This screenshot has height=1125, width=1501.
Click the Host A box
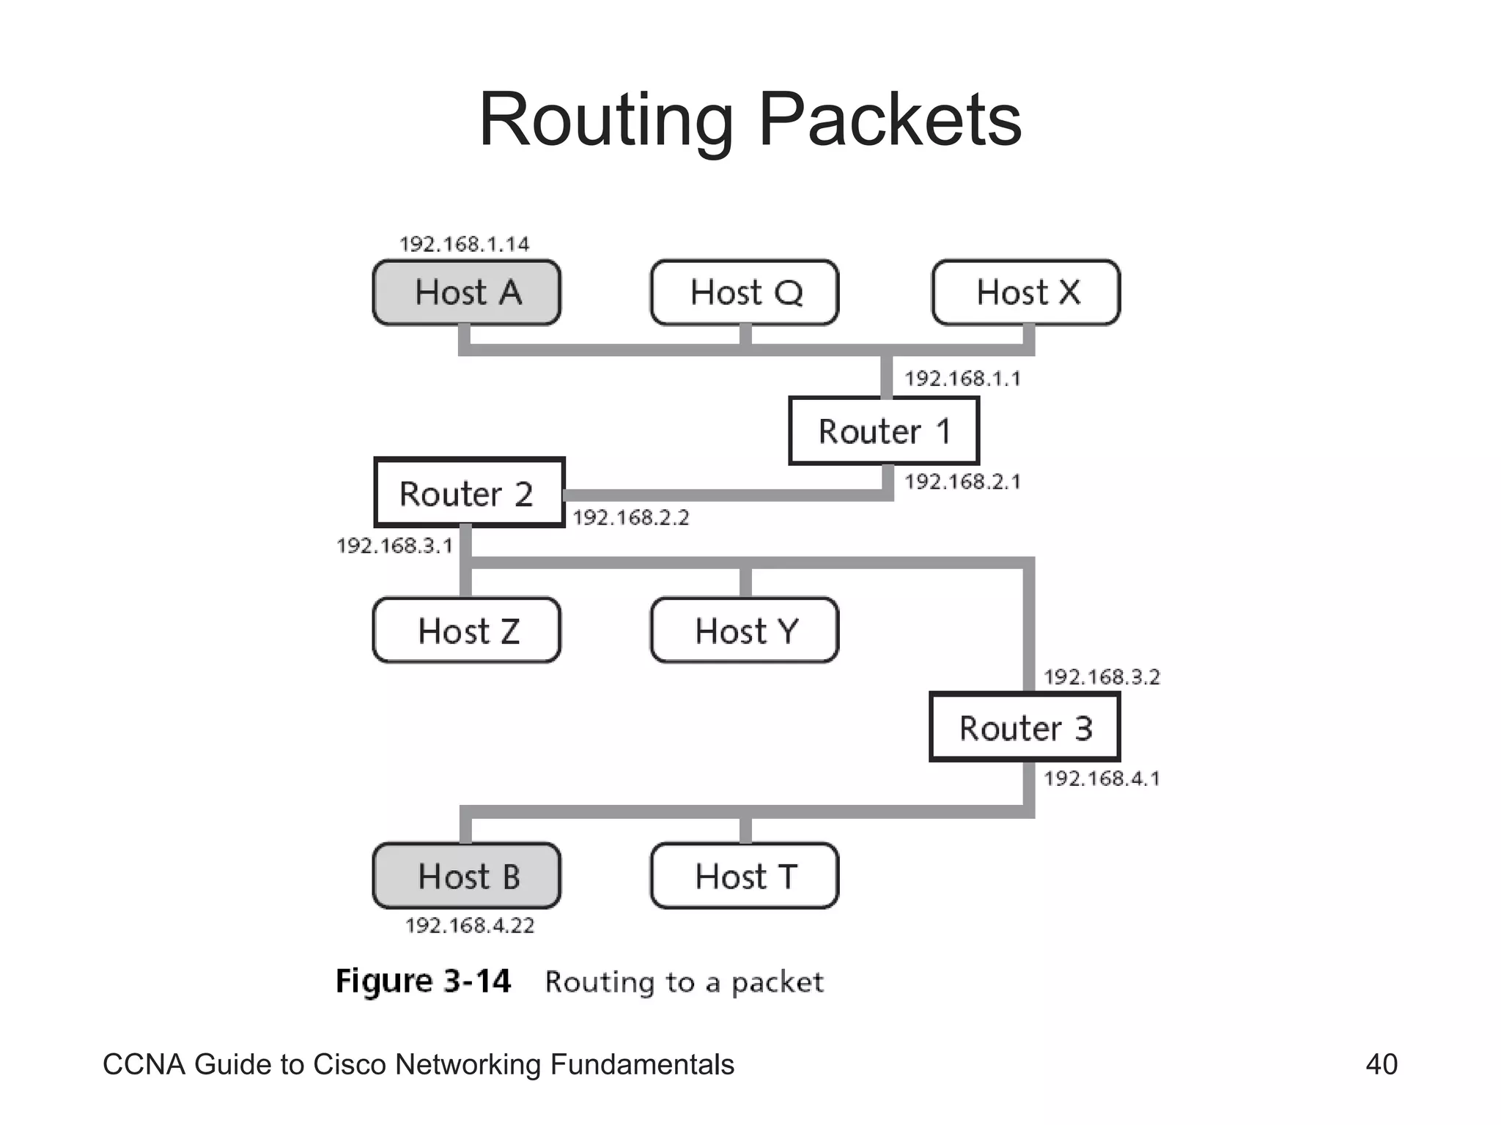[467, 292]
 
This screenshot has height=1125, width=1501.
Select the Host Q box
[745, 292]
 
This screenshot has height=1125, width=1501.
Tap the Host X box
[1026, 292]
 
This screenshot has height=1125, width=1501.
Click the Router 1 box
[884, 431]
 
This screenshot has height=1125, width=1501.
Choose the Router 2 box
[469, 493]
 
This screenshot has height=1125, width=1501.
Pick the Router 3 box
[1025, 728]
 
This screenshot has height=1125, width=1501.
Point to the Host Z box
[467, 631]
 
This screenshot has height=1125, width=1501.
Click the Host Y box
[745, 631]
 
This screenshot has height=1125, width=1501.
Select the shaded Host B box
[467, 876]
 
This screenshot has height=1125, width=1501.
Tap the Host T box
[745, 876]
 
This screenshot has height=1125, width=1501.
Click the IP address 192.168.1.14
[464, 244]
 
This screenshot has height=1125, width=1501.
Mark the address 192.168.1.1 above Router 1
[962, 379]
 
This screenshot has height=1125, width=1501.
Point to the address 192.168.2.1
[962, 481]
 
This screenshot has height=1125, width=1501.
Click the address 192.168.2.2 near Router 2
[630, 518]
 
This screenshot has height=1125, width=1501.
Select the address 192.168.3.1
[394, 546]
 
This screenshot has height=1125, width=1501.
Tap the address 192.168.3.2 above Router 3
[1102, 677]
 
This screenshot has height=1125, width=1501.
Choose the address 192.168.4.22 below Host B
[470, 926]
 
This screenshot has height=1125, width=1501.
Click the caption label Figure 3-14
[423, 981]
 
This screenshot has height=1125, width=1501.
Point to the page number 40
[1381, 1064]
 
